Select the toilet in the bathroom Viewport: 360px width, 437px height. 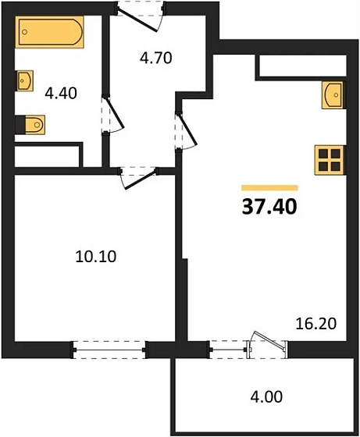click(x=32, y=123)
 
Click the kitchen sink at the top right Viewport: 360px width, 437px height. click(x=333, y=95)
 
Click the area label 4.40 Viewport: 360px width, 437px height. click(x=60, y=94)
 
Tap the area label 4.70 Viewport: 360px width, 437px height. click(x=155, y=56)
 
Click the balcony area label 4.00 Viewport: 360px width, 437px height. click(x=266, y=396)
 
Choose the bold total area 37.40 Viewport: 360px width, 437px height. click(x=269, y=207)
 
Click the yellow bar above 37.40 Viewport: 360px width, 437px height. click(x=269, y=187)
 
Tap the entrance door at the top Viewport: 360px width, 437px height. click(x=142, y=11)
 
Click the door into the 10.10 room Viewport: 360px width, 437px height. click(x=130, y=176)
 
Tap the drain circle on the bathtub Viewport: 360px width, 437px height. click(x=27, y=34)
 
